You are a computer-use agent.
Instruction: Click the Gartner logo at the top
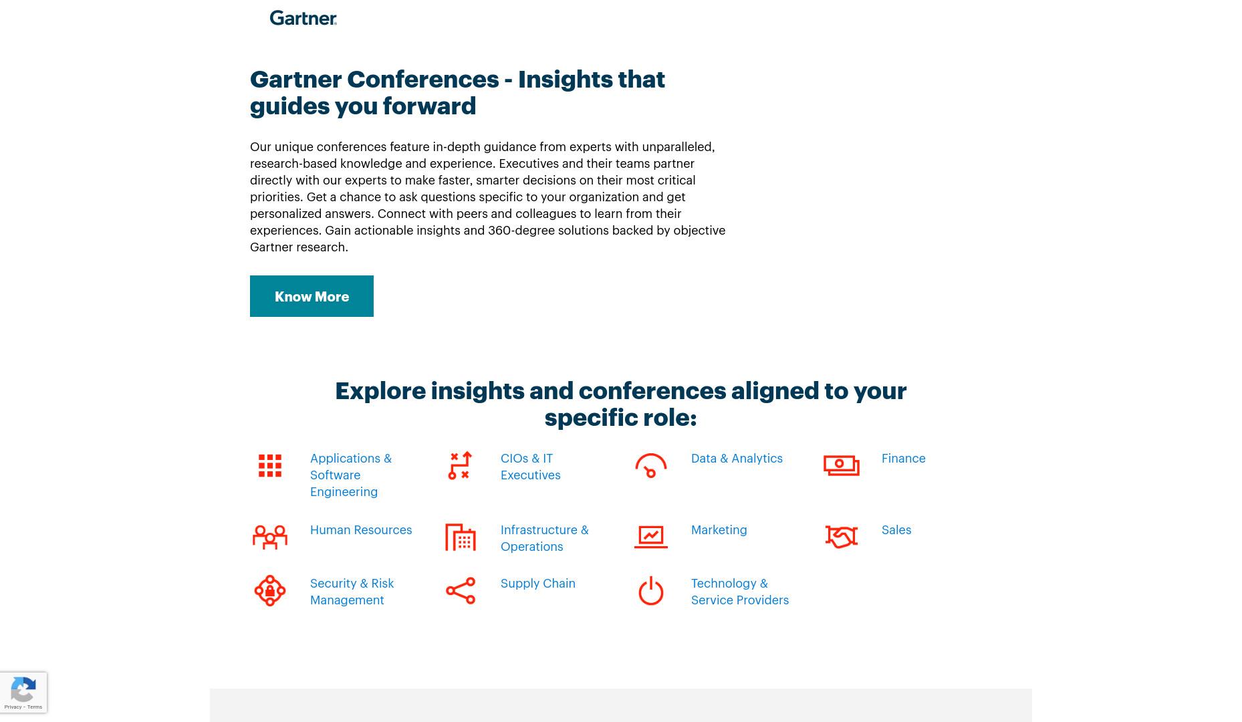[x=303, y=18]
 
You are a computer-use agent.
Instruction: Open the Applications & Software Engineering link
[x=351, y=475]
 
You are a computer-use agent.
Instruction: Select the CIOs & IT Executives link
[x=531, y=467]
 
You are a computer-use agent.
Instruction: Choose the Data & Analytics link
[x=737, y=459]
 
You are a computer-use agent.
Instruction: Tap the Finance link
[x=903, y=459]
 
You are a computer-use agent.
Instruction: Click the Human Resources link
[x=361, y=530]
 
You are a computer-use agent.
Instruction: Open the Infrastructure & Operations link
[x=545, y=538]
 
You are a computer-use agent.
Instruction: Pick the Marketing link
[x=719, y=530]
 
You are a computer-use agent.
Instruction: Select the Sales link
[x=896, y=530]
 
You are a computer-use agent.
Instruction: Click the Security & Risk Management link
[x=352, y=592]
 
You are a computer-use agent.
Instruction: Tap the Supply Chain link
[x=538, y=584]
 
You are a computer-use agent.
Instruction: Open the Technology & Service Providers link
[x=740, y=592]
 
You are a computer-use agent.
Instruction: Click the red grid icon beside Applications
[x=270, y=466]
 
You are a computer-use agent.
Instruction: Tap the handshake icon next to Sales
[x=842, y=537]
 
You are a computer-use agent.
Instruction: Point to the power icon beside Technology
[x=651, y=591]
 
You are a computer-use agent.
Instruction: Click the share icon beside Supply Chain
[x=461, y=591]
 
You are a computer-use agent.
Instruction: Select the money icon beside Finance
[x=842, y=465]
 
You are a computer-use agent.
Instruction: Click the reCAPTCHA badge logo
[x=23, y=689]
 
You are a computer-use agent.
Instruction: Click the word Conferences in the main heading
[x=422, y=79]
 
